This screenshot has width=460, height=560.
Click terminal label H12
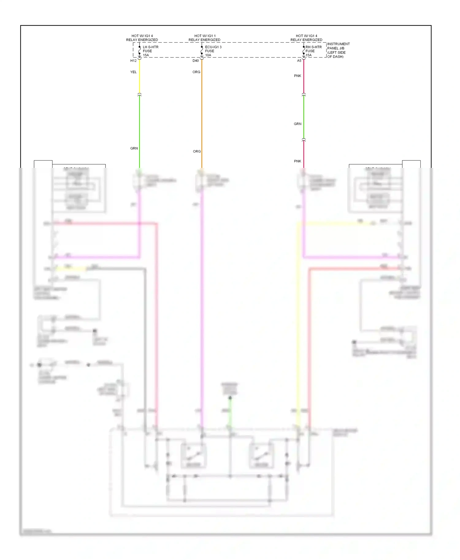click(133, 61)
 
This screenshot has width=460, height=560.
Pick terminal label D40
click(196, 61)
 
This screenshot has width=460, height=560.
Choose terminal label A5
click(299, 61)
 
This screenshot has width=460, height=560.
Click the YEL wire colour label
click(133, 72)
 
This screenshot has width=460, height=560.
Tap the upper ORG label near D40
click(196, 72)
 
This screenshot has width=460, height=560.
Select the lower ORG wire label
click(197, 151)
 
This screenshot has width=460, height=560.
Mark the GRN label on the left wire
click(134, 148)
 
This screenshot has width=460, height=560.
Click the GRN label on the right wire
click(297, 124)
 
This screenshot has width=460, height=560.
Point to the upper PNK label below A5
click(297, 76)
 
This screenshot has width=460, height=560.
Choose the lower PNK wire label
click(297, 161)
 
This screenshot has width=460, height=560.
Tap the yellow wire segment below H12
click(140, 77)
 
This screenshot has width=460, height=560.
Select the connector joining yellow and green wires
click(140, 95)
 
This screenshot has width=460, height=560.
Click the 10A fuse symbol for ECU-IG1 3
click(202, 50)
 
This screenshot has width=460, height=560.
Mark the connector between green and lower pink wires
click(304, 140)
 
